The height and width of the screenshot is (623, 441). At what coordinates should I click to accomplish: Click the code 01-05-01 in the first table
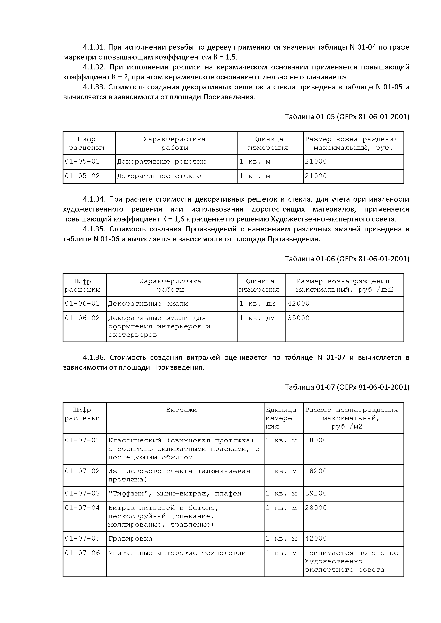(x=82, y=162)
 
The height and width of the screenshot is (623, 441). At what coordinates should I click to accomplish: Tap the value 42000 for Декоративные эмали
(x=298, y=304)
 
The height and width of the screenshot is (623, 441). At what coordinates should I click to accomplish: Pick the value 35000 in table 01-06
(x=298, y=318)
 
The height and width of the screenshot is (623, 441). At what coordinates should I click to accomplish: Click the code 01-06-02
(x=82, y=318)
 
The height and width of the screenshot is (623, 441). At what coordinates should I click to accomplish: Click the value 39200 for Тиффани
(x=316, y=493)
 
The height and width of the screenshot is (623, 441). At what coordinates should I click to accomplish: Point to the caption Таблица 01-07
(x=347, y=387)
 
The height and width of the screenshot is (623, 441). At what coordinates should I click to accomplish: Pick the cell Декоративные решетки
(x=161, y=162)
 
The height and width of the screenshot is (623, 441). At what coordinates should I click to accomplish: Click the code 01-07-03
(x=82, y=493)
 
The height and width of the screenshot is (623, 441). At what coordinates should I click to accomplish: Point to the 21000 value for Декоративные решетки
(x=316, y=162)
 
